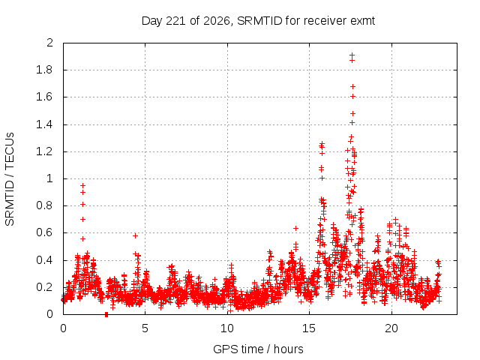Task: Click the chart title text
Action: pyautogui.click(x=258, y=21)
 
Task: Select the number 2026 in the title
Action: pyautogui.click(x=217, y=21)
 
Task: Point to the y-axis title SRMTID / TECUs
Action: pyautogui.click(x=10, y=179)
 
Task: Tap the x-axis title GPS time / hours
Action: pyautogui.click(x=258, y=349)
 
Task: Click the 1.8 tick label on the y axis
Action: pyautogui.click(x=44, y=70)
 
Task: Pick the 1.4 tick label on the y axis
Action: pyautogui.click(x=44, y=124)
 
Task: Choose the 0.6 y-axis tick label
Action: pyautogui.click(x=44, y=232)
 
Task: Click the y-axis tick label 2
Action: pyautogui.click(x=49, y=43)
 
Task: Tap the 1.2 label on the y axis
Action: pyautogui.click(x=44, y=151)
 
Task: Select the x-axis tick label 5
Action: pyautogui.click(x=145, y=328)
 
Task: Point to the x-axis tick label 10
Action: pyautogui.click(x=227, y=328)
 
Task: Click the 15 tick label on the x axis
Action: pyautogui.click(x=309, y=328)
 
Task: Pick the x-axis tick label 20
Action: pyautogui.click(x=391, y=328)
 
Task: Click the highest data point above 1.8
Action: pyautogui.click(x=352, y=55)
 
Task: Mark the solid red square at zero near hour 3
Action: pyautogui.click(x=106, y=314)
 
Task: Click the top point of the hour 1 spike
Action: pyautogui.click(x=82, y=185)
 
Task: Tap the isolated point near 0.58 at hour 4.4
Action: pyautogui.click(x=135, y=235)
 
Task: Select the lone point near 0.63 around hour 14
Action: pyautogui.click(x=295, y=228)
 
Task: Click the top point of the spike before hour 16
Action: pyautogui.click(x=322, y=143)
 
